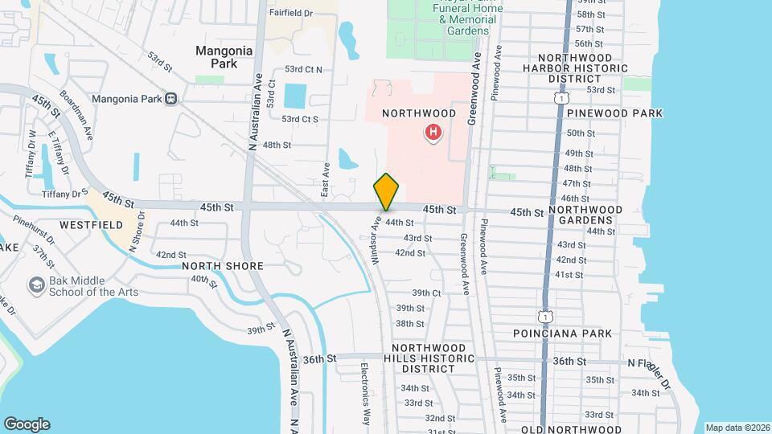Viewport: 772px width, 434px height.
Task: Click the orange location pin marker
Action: (x=387, y=192)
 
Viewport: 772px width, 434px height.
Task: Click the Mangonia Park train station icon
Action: (x=170, y=99)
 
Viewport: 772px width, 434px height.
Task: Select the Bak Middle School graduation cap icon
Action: (x=36, y=285)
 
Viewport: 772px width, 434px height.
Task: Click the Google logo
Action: (x=27, y=424)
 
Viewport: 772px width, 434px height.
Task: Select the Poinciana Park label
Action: (x=563, y=333)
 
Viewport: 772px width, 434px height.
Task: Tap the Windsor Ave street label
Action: (x=376, y=234)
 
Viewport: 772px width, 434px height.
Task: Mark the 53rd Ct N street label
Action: (x=303, y=70)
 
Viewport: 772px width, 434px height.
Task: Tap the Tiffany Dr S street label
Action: (x=66, y=193)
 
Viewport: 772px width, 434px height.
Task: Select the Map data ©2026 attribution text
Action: (x=737, y=428)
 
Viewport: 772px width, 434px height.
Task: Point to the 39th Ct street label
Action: (x=426, y=293)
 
